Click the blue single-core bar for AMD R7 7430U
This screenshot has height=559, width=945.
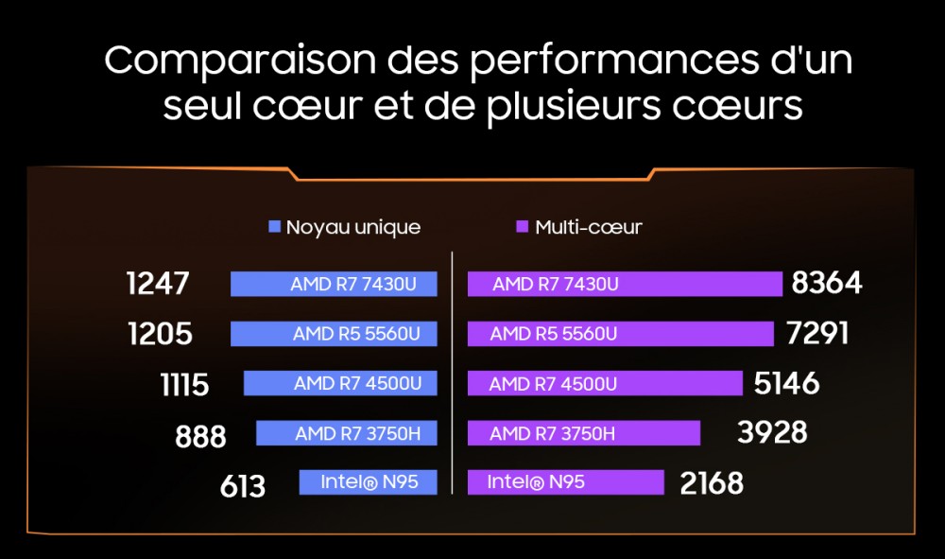(334, 284)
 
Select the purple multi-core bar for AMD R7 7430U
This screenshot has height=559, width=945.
(625, 284)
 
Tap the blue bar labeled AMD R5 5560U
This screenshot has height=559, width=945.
(334, 334)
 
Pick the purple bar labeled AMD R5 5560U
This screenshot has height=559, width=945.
(621, 334)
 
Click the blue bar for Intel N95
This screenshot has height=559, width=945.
(369, 481)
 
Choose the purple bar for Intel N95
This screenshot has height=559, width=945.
(566, 481)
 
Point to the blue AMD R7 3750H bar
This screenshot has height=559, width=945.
(347, 433)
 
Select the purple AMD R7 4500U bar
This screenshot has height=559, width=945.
(605, 383)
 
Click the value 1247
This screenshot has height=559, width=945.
(158, 284)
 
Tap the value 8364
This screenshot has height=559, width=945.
(827, 284)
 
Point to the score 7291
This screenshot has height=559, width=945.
(816, 334)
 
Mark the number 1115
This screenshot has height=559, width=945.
(185, 384)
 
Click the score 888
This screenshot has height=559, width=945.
(200, 436)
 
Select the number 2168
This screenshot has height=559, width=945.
(712, 483)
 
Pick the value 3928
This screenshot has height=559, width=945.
(772, 432)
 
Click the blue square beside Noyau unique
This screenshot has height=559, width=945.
(275, 227)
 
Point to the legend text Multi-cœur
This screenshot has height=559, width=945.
(589, 227)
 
